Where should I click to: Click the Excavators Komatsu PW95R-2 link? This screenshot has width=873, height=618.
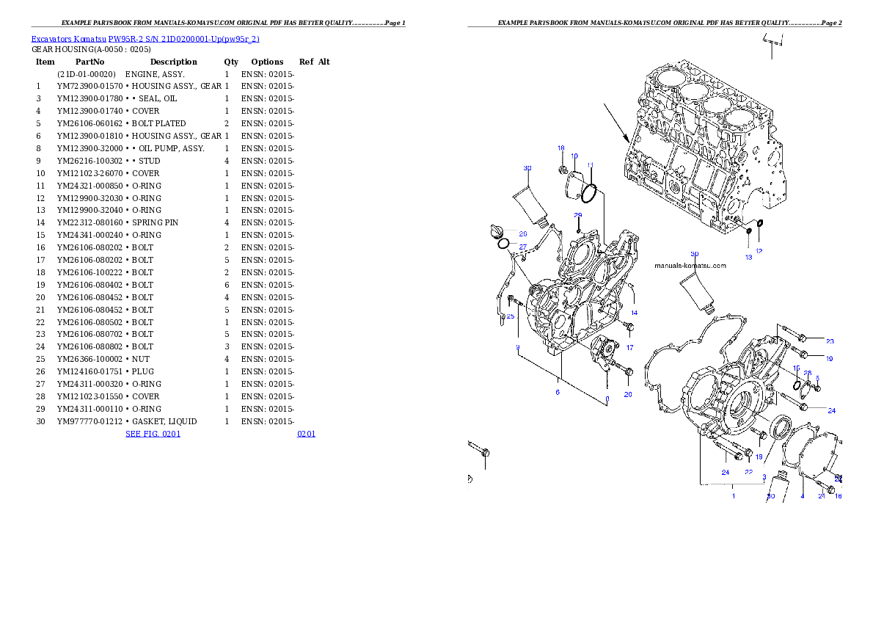[145, 39]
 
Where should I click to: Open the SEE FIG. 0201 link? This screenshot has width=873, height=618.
[153, 434]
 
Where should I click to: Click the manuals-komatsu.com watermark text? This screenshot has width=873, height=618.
[690, 266]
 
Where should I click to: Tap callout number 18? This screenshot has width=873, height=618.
[560, 148]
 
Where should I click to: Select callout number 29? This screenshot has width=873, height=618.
[577, 216]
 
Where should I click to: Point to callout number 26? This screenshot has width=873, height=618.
[522, 234]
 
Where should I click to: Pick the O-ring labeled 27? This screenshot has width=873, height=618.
[503, 244]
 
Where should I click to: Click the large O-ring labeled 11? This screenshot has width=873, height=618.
[591, 194]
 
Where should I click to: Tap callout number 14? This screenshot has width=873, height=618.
[634, 313]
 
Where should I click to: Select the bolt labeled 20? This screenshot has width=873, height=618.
[629, 371]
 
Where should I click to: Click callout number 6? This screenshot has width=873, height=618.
[558, 392]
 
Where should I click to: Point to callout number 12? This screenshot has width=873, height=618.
[759, 251]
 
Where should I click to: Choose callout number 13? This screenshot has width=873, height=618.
[748, 258]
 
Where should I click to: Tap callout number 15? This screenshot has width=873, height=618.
[796, 368]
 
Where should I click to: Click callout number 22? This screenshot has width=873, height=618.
[748, 472]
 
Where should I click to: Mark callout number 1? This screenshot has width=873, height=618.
[732, 496]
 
